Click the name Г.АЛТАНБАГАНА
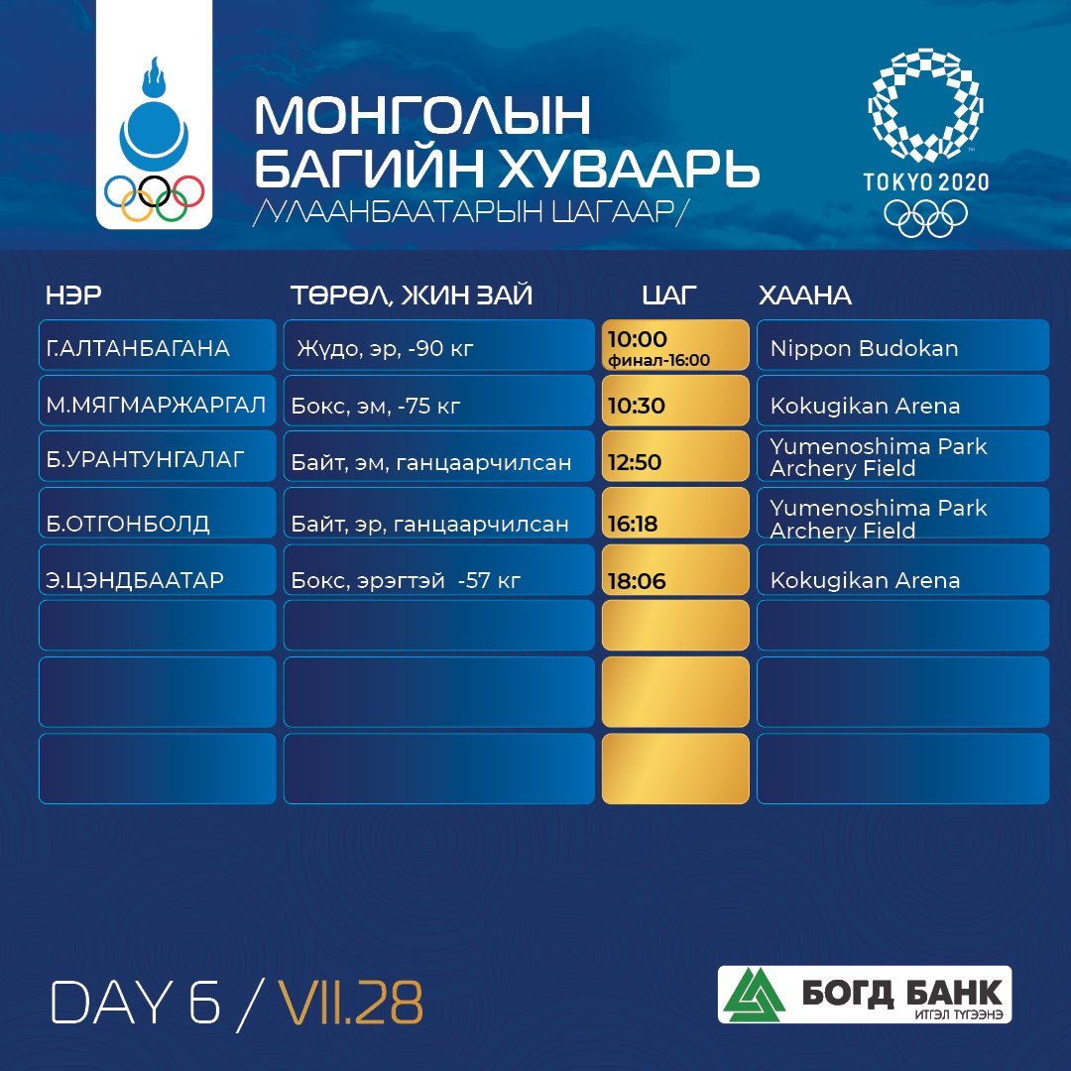point(137,348)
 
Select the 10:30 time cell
point(675,401)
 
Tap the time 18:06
point(637,581)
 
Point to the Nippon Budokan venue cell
point(902,345)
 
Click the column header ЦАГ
point(668,296)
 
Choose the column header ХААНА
point(804,296)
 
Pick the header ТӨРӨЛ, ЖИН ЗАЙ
point(412,296)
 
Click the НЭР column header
point(73,296)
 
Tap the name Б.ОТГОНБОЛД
point(128,524)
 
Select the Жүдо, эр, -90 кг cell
point(439,345)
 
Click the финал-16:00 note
point(659,361)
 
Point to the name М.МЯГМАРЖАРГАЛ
point(156,405)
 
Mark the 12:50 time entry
point(635,462)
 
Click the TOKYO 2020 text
point(925,181)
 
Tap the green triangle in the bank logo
point(754,995)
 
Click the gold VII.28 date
point(350,1003)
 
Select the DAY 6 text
point(135,1003)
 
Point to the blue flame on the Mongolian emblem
point(153,78)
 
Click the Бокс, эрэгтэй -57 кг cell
point(439,569)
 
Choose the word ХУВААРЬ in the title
point(628,168)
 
